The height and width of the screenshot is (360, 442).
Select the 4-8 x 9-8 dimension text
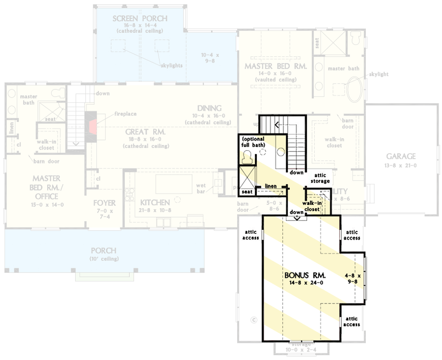click(x=352, y=279)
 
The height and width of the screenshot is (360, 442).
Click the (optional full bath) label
click(x=253, y=142)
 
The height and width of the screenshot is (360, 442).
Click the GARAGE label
click(x=401, y=157)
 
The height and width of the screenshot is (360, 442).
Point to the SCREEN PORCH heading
click(x=139, y=19)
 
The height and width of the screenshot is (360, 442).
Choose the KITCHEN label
click(x=155, y=202)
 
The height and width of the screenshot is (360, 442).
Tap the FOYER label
click(x=104, y=203)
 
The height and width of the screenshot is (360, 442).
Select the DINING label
click(x=209, y=108)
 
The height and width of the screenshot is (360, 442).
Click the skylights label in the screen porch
click(x=170, y=65)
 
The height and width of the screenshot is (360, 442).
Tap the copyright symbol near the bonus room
click(x=254, y=320)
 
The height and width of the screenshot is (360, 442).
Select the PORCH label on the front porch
click(x=104, y=250)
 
